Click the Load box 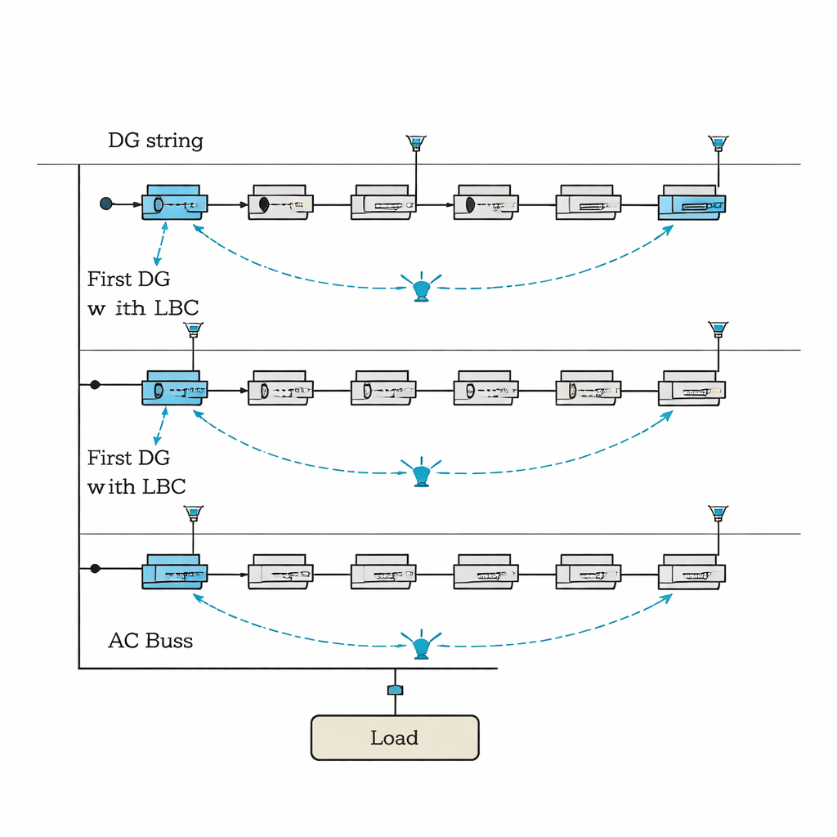click(x=395, y=738)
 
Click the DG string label click(x=155, y=141)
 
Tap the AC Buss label click(x=150, y=640)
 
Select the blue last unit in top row click(x=692, y=204)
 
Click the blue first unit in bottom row click(x=173, y=571)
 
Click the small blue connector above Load click(x=395, y=691)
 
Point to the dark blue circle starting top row click(x=105, y=203)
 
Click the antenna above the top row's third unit click(x=416, y=144)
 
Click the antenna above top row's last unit click(x=718, y=144)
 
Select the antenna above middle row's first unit click(x=193, y=329)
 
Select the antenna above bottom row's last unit click(x=718, y=513)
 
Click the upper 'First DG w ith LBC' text click(x=142, y=293)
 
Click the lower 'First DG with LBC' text click(x=137, y=472)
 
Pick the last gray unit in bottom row click(x=692, y=571)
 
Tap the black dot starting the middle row click(x=95, y=384)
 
